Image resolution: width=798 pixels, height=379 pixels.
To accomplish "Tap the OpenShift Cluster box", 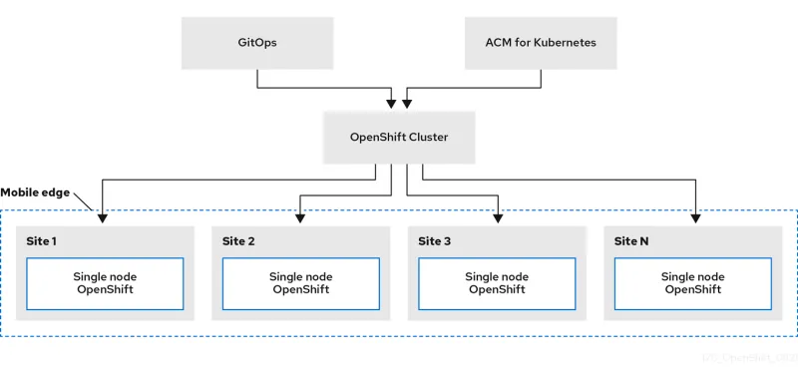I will [x=399, y=136].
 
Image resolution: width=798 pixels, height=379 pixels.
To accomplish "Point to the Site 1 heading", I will [x=42, y=241].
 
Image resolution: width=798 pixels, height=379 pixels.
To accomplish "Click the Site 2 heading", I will [x=238, y=241].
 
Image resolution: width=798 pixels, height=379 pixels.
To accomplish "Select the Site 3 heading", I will [x=434, y=241].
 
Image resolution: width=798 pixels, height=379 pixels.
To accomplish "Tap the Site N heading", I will [x=631, y=241].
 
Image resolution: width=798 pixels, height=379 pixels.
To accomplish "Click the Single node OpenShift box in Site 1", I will [x=105, y=282].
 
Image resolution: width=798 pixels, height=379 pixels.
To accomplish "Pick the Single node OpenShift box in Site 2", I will [x=301, y=282].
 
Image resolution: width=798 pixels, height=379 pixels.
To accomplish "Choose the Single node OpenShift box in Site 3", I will [x=497, y=282].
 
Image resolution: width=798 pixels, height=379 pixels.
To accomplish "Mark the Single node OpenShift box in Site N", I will [x=692, y=282].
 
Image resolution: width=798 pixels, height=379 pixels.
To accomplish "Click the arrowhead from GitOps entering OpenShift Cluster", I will [x=391, y=103].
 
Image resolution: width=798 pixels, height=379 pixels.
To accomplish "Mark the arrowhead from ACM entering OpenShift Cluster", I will [x=407, y=103].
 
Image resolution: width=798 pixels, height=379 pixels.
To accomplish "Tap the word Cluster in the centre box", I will [x=427, y=136].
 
